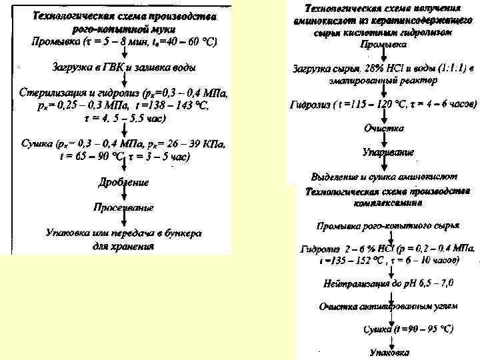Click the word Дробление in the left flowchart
click(123, 181)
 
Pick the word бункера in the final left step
click(183, 233)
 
